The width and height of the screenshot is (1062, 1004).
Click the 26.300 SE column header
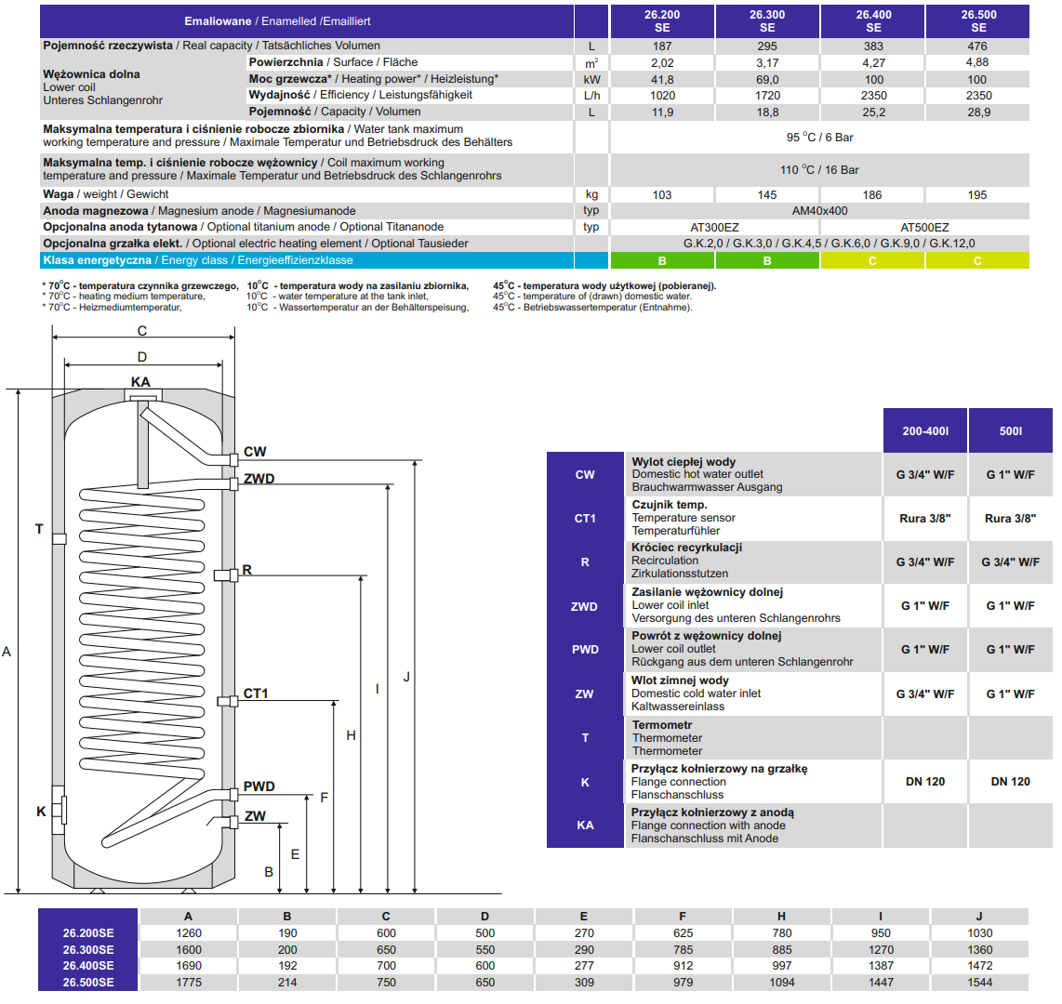pos(767,21)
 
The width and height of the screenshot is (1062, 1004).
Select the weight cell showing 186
pos(872,195)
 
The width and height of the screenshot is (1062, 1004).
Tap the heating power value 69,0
pos(767,80)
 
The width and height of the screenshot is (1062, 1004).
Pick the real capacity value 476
pos(976,46)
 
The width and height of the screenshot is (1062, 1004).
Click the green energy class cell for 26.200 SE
pos(662,261)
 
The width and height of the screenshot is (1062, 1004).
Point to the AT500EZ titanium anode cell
pos(924,228)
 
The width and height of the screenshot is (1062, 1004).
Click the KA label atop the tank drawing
pos(140,382)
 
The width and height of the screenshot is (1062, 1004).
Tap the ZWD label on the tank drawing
pos(259,480)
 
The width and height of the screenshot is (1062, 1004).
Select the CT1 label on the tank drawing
pos(256,694)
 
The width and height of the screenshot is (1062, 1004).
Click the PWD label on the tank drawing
pos(259,786)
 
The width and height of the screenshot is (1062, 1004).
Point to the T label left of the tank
pos(39,529)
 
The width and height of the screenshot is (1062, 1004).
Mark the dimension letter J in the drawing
pos(406,677)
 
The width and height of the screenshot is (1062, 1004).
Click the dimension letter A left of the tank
pos(7,652)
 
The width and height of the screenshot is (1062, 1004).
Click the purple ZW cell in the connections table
pos(584,694)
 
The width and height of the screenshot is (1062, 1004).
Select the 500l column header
pos(1010,431)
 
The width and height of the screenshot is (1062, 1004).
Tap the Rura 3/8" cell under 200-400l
pos(925,519)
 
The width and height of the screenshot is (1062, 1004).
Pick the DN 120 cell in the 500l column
pos(1010,782)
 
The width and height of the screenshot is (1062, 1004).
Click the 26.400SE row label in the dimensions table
pos(88,966)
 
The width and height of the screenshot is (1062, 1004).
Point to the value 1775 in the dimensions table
pos(188,983)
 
